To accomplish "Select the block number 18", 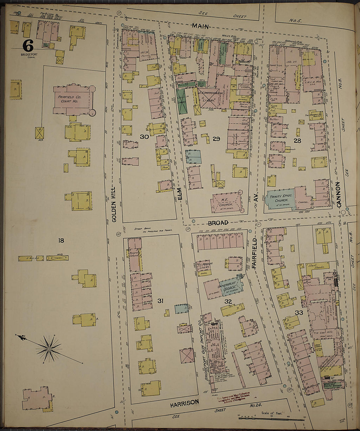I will coord(61,241).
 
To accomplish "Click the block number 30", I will coord(144,137).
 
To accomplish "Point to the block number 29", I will coord(216,139).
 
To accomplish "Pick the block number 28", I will coord(297,141).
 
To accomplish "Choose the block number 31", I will coord(160,301).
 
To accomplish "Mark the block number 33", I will coord(299,312).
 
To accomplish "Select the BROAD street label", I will coord(218,223).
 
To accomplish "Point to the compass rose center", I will coord(49,349).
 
